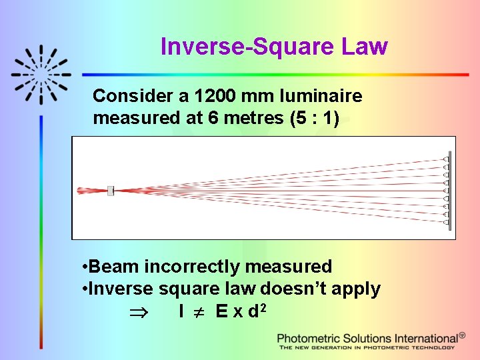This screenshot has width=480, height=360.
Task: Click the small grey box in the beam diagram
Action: click(111, 191)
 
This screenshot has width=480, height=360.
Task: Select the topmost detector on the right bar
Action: click(445, 159)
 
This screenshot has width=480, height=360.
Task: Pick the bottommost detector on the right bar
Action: click(445, 222)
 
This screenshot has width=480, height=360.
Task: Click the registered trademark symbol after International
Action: click(462, 335)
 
